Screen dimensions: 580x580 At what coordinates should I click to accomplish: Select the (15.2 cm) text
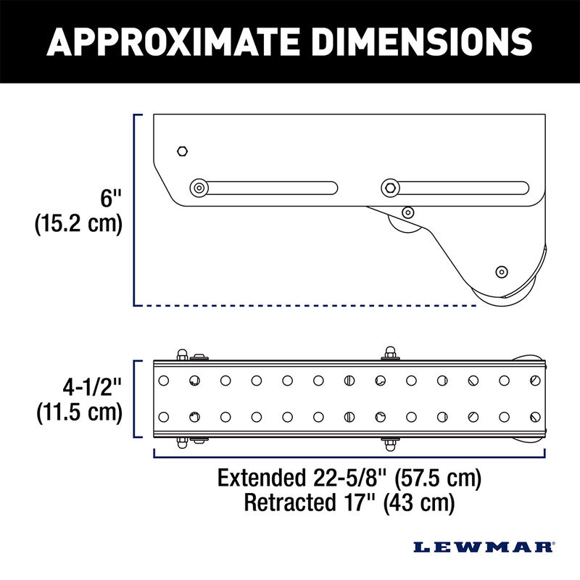coord(78,224)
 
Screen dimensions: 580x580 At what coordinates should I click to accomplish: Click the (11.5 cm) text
coord(78,413)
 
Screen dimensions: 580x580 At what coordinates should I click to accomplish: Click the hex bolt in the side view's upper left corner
coord(183,151)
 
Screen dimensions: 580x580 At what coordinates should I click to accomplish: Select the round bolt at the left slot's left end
coord(198,188)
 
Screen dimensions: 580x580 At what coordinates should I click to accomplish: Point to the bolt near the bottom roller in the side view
coord(500,271)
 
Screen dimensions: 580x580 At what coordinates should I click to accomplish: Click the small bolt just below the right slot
coord(408,213)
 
